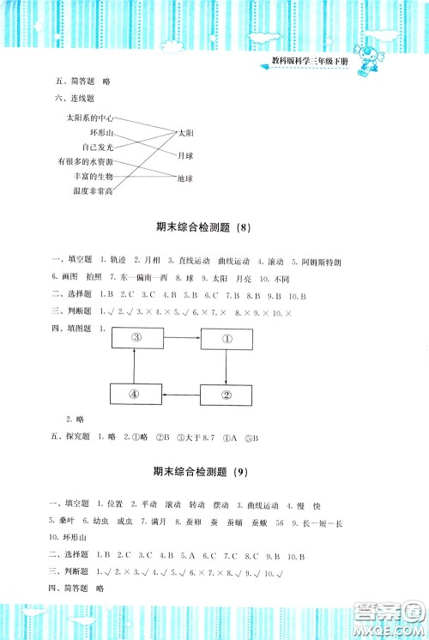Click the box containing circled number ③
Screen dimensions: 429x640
(136, 338)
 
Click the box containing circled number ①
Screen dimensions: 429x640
(227, 338)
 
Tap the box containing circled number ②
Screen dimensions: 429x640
(227, 395)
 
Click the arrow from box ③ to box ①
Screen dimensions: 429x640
(182, 338)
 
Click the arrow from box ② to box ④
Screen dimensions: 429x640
(182, 395)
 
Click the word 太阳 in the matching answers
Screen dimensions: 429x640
(186, 133)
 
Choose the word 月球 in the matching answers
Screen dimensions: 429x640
(186, 155)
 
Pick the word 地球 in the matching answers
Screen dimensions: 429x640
(186, 178)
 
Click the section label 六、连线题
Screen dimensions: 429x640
(75, 99)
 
